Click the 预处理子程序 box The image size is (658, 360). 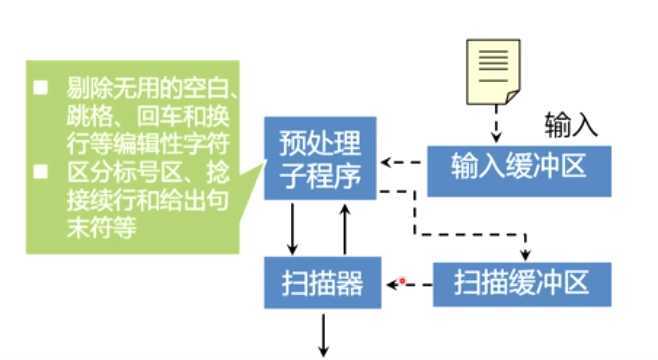click(x=319, y=158)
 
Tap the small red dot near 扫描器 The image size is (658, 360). click(x=402, y=282)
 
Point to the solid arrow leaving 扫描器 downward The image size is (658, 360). click(x=323, y=333)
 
